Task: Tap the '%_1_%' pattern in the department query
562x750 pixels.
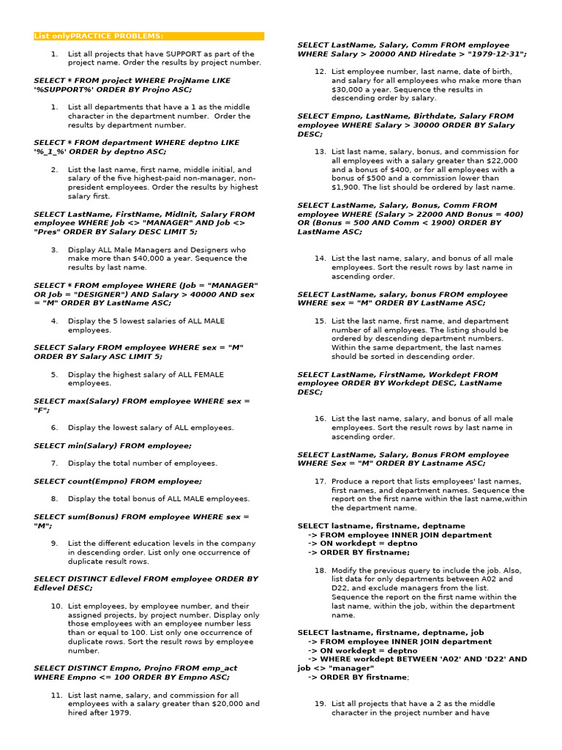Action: click(51, 152)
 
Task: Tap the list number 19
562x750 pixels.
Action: click(320, 703)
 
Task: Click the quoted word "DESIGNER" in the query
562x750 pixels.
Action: click(85, 294)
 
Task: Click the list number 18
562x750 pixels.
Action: click(320, 570)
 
